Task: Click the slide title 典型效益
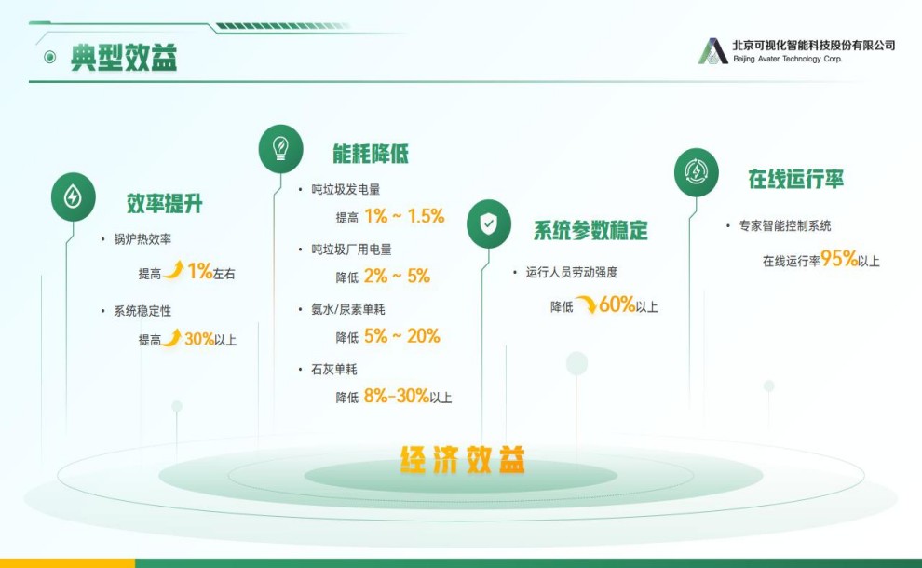[x=124, y=57]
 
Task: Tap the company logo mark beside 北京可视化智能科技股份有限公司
[x=712, y=51]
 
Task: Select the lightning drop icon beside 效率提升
[x=73, y=196]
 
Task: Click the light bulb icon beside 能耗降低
[x=280, y=149]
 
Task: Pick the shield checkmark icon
[x=489, y=223]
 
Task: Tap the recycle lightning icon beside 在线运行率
[x=697, y=172]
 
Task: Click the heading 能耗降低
[x=371, y=154]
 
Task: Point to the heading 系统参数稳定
[x=590, y=230]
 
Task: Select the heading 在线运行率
[x=795, y=179]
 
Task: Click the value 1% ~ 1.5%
[x=404, y=216]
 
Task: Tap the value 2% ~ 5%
[x=397, y=276]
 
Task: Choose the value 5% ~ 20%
[x=402, y=336]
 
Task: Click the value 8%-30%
[x=397, y=396]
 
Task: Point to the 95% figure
[x=839, y=258]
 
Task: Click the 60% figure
[x=617, y=304]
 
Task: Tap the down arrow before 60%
[x=586, y=304]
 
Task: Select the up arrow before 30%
[x=171, y=337]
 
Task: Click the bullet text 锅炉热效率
[x=142, y=239]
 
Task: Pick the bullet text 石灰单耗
[x=334, y=370]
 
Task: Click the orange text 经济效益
[x=462, y=459]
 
